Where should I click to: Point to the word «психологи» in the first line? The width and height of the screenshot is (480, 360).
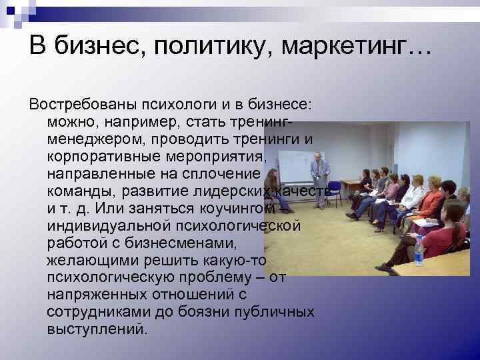tap(180, 105)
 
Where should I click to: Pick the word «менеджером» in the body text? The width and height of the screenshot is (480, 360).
tap(95, 139)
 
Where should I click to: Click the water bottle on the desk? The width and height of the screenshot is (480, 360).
tap(419, 251)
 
